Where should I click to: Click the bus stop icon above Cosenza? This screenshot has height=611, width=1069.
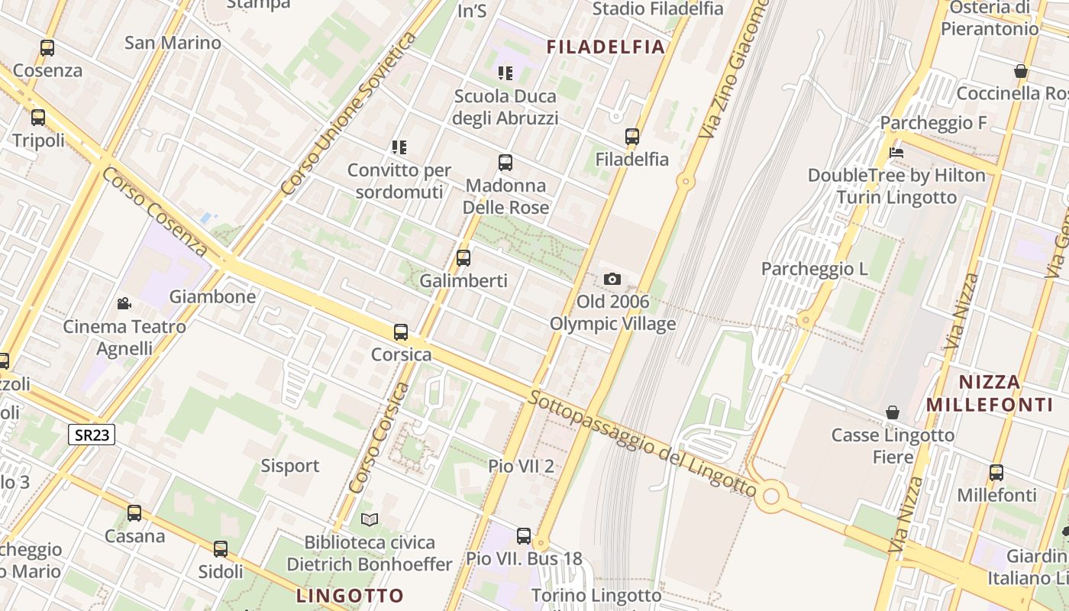(x=47, y=48)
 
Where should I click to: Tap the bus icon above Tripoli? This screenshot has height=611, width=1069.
(x=37, y=118)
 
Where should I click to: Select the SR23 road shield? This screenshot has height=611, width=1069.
(x=92, y=435)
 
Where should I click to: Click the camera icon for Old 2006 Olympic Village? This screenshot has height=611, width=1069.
(x=612, y=280)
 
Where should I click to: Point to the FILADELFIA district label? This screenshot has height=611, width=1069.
(x=606, y=47)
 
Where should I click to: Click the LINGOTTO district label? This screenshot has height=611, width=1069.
(x=350, y=596)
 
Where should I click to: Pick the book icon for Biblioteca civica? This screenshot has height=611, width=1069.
(x=370, y=520)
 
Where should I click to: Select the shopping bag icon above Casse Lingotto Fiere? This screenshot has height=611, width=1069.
(x=892, y=413)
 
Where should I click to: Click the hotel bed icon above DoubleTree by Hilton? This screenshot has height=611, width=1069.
(x=896, y=153)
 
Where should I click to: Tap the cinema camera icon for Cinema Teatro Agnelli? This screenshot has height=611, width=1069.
(x=124, y=304)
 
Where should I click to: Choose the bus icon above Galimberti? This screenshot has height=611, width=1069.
(x=463, y=258)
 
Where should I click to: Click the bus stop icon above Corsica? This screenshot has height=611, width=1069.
(x=401, y=332)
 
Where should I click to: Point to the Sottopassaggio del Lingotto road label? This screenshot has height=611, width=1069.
(x=642, y=441)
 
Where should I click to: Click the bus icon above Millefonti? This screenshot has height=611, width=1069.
(x=996, y=473)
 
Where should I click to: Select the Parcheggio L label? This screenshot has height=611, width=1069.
(x=815, y=269)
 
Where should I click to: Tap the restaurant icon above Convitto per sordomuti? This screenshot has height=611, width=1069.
(x=399, y=147)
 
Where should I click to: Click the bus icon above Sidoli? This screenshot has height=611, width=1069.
(x=221, y=548)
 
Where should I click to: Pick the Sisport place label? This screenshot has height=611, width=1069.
(x=290, y=466)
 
